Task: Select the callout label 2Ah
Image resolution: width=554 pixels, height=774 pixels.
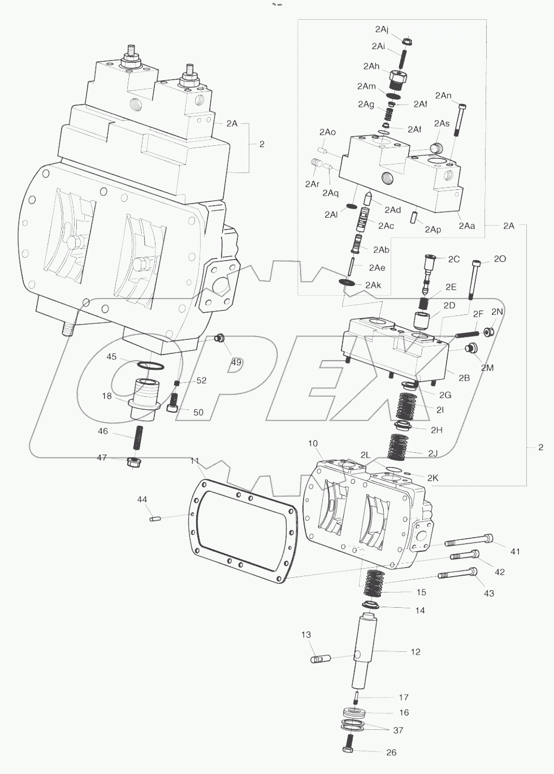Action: click(x=371, y=66)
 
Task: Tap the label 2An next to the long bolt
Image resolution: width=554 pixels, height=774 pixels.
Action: click(x=443, y=96)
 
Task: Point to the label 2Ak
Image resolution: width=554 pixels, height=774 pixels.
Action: click(x=373, y=285)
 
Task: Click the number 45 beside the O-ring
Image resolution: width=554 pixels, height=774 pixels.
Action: click(x=111, y=356)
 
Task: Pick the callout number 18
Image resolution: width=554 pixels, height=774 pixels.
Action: click(x=107, y=396)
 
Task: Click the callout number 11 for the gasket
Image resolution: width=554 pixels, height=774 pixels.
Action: click(x=195, y=461)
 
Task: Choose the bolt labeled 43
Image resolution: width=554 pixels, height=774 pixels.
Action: click(x=457, y=576)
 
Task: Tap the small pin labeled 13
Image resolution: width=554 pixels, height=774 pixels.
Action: click(x=319, y=659)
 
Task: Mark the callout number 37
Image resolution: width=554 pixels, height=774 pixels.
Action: click(x=398, y=730)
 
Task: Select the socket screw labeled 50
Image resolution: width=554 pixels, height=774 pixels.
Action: click(x=174, y=403)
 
